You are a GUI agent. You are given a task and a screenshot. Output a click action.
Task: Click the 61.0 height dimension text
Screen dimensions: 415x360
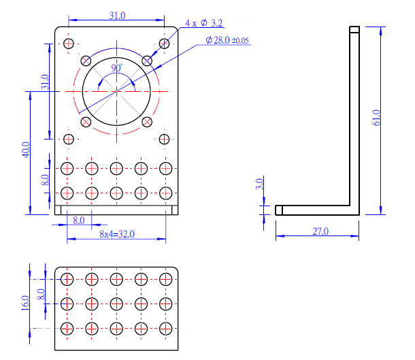pyautogui.click(x=376, y=118)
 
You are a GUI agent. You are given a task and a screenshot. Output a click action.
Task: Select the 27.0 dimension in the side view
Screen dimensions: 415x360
pyautogui.click(x=320, y=231)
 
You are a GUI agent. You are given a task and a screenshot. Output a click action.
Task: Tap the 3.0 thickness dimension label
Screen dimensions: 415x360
pyautogui.click(x=259, y=184)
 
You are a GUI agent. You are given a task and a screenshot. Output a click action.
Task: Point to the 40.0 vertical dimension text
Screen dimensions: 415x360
pyautogui.click(x=26, y=150)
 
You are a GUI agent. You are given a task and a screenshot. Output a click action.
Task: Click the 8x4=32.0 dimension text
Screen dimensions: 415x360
pyautogui.click(x=117, y=234)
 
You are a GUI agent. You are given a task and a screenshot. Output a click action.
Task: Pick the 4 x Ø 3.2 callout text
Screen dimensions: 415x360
pyautogui.click(x=204, y=23)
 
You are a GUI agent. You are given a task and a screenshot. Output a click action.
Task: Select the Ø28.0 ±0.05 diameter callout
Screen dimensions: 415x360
pyautogui.click(x=227, y=40)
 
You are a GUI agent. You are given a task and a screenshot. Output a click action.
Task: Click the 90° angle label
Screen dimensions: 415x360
pyautogui.click(x=117, y=68)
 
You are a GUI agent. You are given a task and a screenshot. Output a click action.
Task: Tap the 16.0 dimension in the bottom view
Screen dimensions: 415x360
pyautogui.click(x=25, y=303)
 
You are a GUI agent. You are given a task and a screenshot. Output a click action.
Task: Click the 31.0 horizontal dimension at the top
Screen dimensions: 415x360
pyautogui.click(x=117, y=16)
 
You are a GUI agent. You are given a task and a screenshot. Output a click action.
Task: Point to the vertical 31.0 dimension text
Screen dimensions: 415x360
pyautogui.click(x=45, y=82)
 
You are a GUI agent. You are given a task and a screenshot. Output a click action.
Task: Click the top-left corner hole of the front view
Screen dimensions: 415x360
pyautogui.click(x=69, y=44)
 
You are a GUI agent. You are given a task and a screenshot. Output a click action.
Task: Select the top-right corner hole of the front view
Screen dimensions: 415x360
pyautogui.click(x=165, y=44)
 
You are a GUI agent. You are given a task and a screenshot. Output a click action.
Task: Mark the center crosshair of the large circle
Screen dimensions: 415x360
pyautogui.click(x=117, y=92)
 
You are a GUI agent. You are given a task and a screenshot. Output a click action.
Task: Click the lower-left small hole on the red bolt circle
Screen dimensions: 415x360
pyautogui.click(x=86, y=122)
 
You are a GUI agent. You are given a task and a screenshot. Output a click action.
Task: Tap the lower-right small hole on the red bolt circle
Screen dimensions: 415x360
pyautogui.click(x=147, y=122)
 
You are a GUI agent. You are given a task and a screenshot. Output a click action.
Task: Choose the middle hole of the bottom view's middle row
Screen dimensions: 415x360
pyautogui.click(x=116, y=304)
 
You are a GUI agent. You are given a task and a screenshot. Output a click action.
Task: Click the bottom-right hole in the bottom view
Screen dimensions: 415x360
pyautogui.click(x=166, y=329)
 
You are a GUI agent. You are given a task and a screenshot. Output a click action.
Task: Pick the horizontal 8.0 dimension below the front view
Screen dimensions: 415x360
pyautogui.click(x=79, y=220)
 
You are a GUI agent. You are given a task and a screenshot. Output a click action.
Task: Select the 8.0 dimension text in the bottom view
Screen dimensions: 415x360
pyautogui.click(x=41, y=294)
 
